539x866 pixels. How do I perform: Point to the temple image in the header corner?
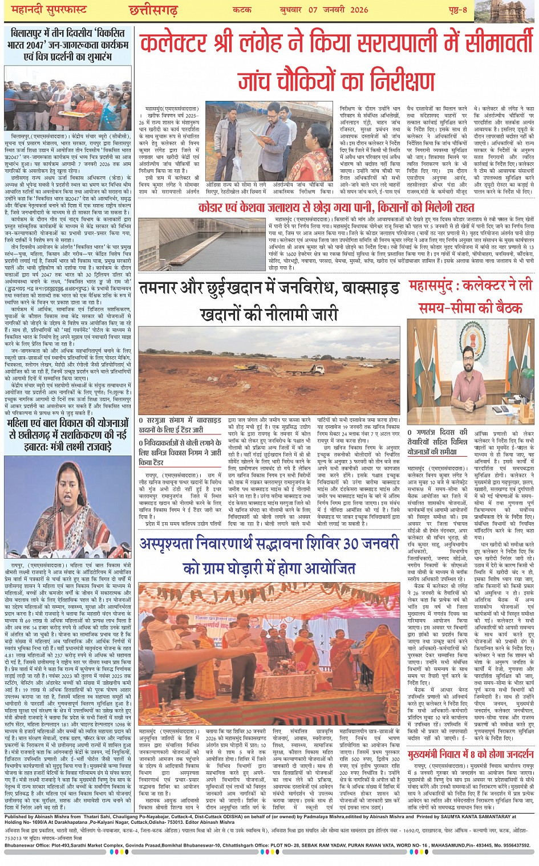(x=517, y=11)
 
